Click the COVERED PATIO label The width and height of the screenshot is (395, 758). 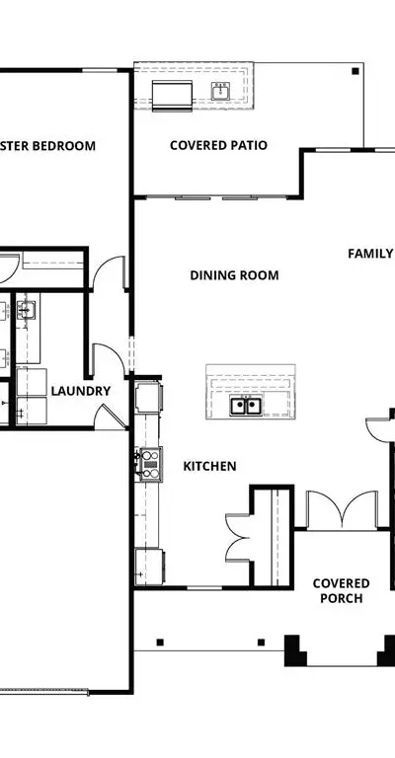(x=218, y=145)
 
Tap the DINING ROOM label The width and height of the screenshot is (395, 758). (x=234, y=275)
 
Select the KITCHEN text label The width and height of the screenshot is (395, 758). (x=209, y=466)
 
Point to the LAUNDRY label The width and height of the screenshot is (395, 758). (x=81, y=391)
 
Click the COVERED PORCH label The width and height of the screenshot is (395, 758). (x=342, y=591)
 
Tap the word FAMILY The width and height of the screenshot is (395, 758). (x=371, y=254)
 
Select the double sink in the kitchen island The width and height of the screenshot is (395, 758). (x=246, y=405)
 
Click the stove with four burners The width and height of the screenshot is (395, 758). (x=151, y=464)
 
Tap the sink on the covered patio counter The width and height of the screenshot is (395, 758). (x=220, y=91)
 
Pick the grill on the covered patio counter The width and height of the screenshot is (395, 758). (x=172, y=96)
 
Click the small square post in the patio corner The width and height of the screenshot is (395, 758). (x=355, y=71)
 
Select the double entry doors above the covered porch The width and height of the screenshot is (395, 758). (x=343, y=510)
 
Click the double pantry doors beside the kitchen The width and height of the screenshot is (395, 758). (x=238, y=538)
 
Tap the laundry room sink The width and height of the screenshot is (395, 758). (x=26, y=309)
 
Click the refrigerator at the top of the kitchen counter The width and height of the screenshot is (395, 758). (x=148, y=398)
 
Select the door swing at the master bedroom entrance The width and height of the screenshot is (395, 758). (x=109, y=272)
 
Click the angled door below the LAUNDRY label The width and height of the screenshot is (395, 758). (x=111, y=417)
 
